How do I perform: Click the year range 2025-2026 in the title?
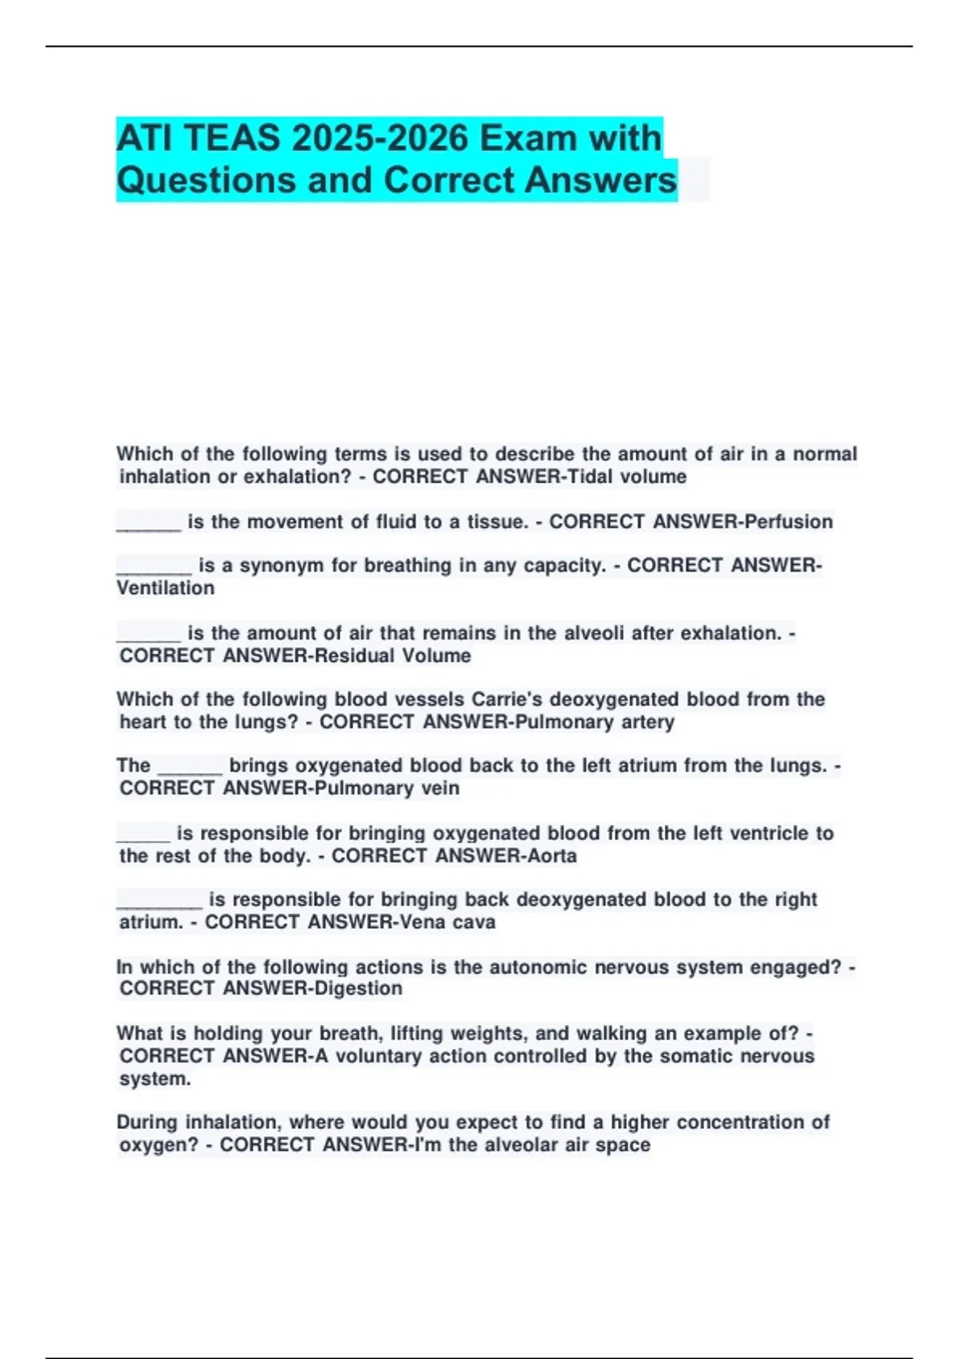(x=380, y=138)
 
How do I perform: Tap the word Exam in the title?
(x=528, y=138)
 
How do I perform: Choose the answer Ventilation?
(x=165, y=588)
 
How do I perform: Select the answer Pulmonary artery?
(x=595, y=723)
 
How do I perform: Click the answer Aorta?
(x=552, y=856)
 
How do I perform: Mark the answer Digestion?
(x=359, y=989)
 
